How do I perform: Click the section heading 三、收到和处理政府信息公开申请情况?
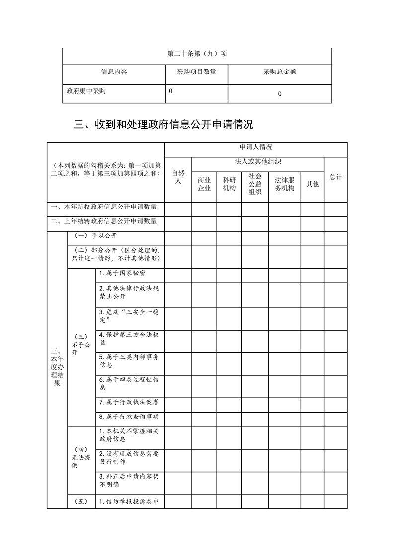tap(163, 125)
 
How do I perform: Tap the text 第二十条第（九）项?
tap(197, 54)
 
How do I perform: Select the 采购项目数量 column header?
tap(196, 72)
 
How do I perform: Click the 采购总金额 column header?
tap(280, 72)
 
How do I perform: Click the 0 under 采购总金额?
tap(280, 94)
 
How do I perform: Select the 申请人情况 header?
tap(255, 147)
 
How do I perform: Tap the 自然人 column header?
tap(178, 177)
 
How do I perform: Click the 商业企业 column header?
tap(204, 184)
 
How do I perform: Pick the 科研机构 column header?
tap(229, 184)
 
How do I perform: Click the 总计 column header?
tap(335, 177)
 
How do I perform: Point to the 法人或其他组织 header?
tap(258, 162)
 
